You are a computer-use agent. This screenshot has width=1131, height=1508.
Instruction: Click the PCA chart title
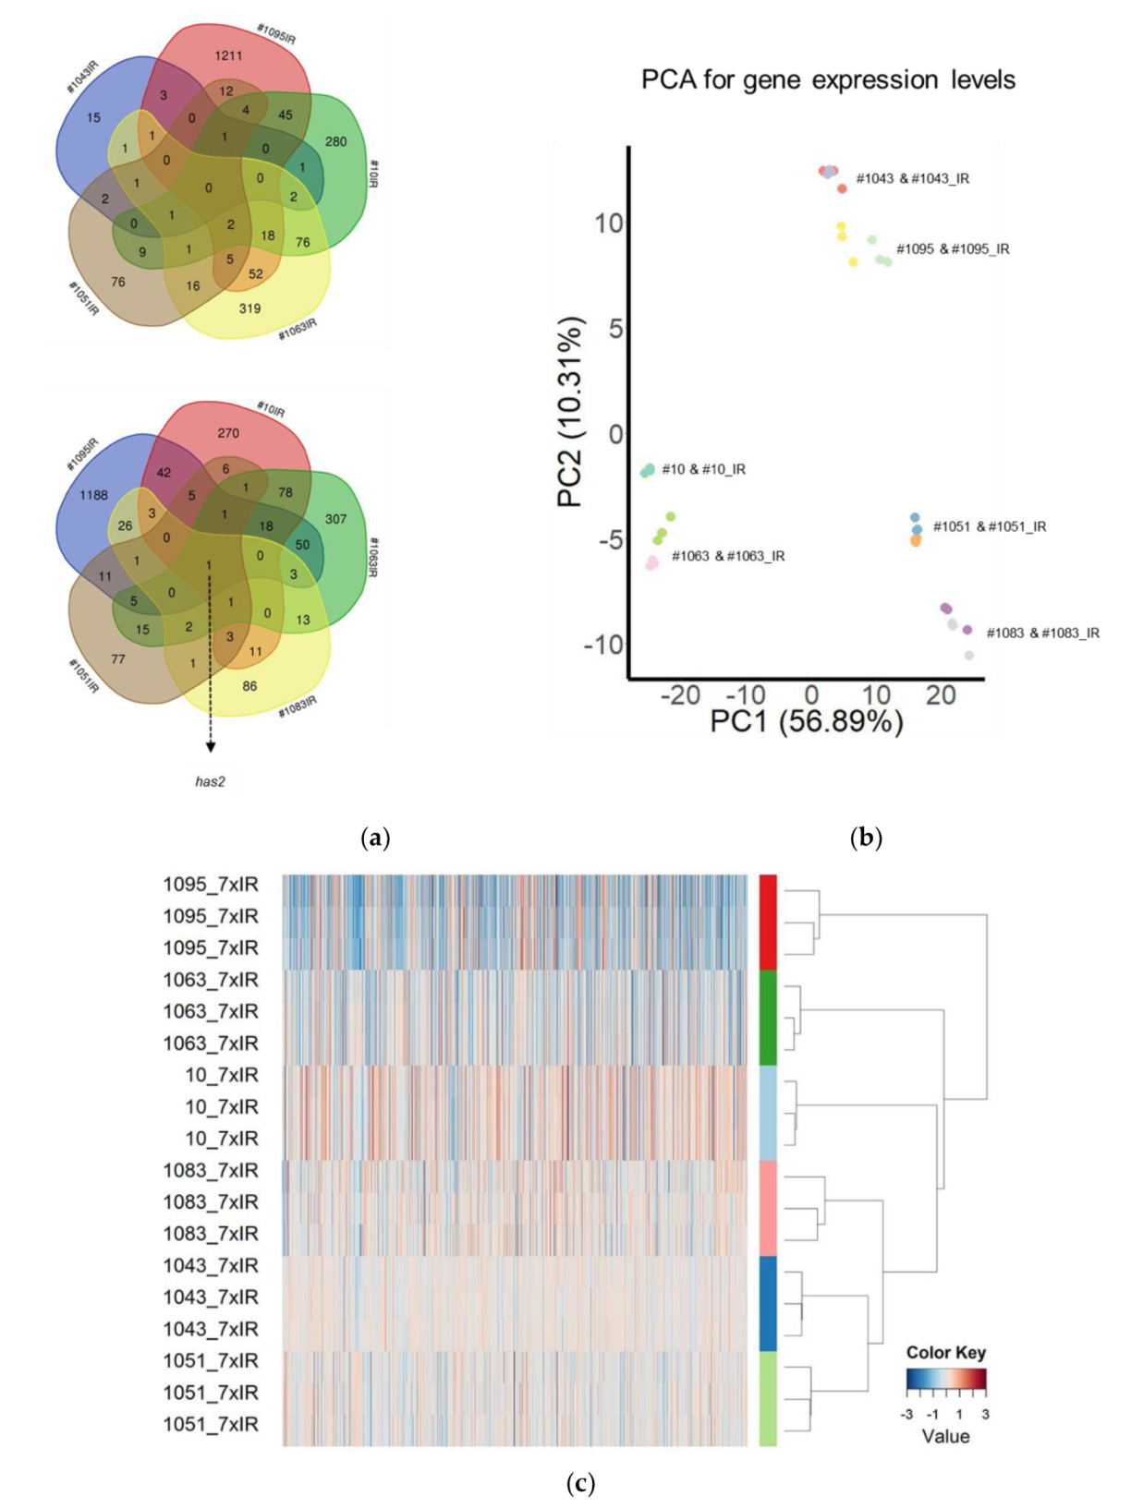pos(828,80)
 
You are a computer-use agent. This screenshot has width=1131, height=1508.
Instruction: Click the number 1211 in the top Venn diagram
pos(228,55)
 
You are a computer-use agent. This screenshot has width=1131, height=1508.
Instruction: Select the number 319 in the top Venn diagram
pos(249,308)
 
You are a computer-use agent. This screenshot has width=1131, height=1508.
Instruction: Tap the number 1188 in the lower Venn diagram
pos(93,495)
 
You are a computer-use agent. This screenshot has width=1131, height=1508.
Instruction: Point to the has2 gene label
pos(210,781)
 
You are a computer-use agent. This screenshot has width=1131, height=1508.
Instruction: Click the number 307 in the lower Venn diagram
pos(335,519)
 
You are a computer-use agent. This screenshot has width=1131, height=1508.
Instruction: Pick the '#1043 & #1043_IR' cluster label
pos(912,178)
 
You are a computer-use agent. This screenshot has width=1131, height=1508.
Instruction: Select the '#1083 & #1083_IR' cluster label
pos(1042,633)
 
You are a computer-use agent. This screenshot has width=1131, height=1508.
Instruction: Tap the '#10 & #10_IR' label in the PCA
pos(703,469)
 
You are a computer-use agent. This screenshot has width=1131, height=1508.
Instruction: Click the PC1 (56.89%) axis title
pos(806,720)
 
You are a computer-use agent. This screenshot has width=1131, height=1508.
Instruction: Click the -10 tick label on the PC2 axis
pos(603,644)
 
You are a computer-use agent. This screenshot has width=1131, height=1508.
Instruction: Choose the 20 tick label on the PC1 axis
pos(941,695)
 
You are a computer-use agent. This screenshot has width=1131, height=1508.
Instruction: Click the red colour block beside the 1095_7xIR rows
pos(768,922)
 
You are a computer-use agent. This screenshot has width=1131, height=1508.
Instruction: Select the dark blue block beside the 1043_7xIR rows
pos(768,1303)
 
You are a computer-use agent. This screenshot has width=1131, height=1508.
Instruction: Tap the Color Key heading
pos(945,1352)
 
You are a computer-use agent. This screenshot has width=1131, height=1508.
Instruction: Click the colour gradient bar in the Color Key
pos(946,1380)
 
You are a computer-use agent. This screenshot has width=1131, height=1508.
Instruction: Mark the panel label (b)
pos(866,838)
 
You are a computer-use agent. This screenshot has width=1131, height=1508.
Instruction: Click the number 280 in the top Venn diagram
pos(335,141)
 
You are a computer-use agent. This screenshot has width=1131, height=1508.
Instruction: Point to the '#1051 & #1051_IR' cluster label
pos(989,526)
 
